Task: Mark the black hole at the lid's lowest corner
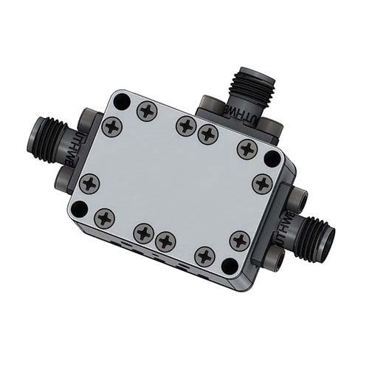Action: point(230,266)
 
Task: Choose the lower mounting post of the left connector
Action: point(62,177)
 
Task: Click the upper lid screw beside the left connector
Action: point(112,126)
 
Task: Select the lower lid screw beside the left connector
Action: point(90,182)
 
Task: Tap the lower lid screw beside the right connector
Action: point(239,240)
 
